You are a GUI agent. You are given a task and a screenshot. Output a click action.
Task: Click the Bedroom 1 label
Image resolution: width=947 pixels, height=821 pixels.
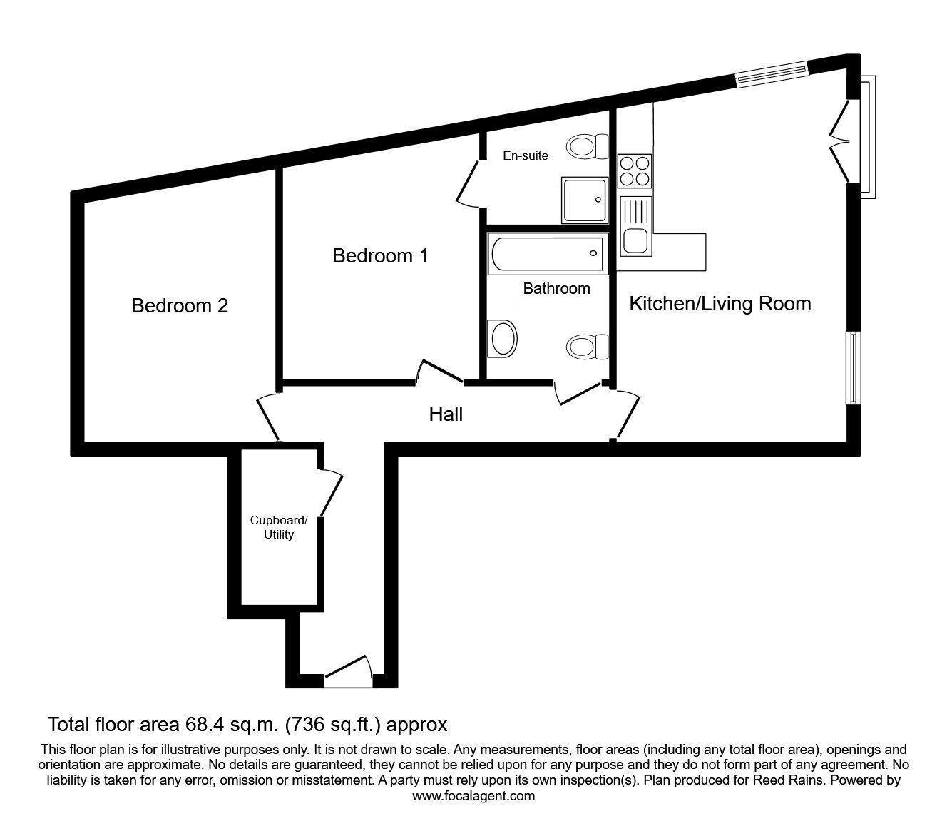coord(380,255)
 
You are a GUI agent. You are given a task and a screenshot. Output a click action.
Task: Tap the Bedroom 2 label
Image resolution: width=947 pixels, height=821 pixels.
coord(180,306)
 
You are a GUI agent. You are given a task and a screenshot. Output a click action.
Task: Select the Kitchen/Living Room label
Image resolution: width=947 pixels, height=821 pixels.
coord(720,304)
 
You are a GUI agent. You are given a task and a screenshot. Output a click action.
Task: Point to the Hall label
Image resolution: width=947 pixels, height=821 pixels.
coord(446,414)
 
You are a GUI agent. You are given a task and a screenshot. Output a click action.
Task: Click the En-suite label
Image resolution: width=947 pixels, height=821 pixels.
coord(526,155)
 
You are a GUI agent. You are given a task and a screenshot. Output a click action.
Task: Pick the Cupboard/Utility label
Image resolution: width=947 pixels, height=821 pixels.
coord(279,527)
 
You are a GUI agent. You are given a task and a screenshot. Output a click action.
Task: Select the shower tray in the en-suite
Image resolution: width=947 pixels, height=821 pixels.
coord(583,199)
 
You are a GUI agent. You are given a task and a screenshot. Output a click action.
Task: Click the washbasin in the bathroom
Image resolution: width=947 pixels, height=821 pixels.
coord(502,337)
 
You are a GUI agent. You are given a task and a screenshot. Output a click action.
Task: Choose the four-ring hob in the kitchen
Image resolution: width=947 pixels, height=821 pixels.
coord(635,170)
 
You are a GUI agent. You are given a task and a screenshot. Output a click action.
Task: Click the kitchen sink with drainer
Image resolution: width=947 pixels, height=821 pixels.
coord(635,226)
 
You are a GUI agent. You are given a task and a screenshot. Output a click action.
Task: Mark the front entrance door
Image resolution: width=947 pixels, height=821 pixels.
coord(349,670)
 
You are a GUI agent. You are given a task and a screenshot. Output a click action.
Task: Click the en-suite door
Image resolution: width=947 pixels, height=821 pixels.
coord(468,183)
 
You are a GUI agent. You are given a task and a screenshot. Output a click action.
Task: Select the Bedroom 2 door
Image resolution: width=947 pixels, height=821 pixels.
coord(269,417)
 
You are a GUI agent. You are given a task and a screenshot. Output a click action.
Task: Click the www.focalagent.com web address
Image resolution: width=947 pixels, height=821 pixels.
coord(473,796)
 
